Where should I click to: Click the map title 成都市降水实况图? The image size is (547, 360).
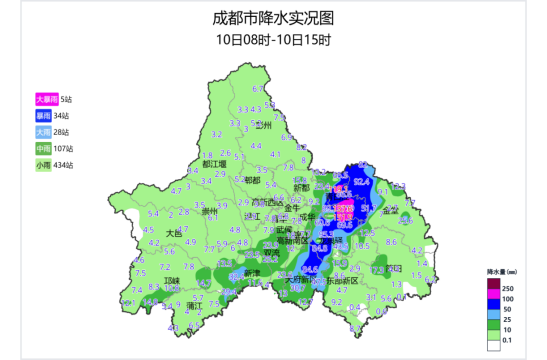point(273,19)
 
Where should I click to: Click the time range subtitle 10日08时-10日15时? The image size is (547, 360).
point(273,39)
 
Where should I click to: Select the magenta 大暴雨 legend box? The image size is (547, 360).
point(47,99)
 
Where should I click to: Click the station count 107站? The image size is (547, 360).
point(63,149)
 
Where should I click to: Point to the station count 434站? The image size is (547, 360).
point(63,165)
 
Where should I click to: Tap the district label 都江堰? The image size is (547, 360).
point(214,164)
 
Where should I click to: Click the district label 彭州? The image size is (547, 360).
point(264,126)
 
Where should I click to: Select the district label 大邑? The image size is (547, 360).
point(174,233)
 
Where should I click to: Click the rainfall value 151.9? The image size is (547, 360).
point(342,217)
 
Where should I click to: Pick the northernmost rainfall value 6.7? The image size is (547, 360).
point(258,89)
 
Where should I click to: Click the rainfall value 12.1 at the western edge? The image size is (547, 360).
point(128,303)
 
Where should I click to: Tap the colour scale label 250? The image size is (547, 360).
point(507,289)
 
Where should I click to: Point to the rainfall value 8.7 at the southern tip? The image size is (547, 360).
point(355,329)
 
